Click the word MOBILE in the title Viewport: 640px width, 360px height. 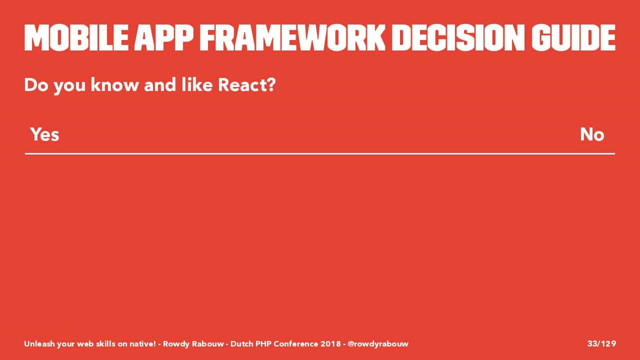[76, 37]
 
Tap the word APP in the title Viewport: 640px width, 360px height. [164, 37]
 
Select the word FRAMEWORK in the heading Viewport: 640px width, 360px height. [292, 37]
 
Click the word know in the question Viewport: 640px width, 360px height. [114, 84]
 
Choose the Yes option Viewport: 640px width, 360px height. [45, 134]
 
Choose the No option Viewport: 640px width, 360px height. [592, 134]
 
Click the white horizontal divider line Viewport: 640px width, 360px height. [320, 153]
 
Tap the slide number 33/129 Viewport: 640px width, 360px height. [601, 343]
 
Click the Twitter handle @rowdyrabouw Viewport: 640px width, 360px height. [378, 343]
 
